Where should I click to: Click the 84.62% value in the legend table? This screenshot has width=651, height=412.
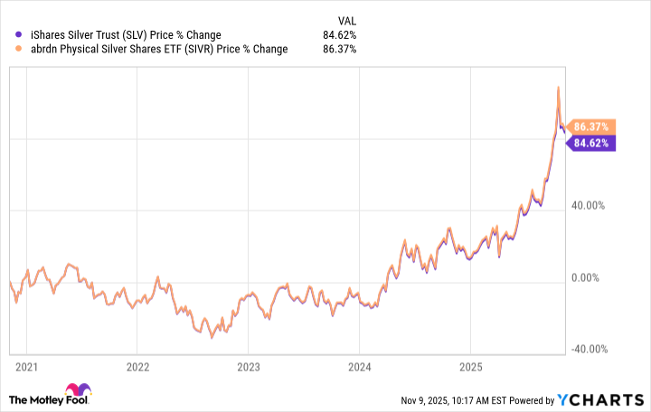pyautogui.click(x=339, y=35)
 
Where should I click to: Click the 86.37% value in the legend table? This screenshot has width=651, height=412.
pyautogui.click(x=339, y=50)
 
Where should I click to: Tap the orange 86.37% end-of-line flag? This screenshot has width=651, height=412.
pyautogui.click(x=592, y=126)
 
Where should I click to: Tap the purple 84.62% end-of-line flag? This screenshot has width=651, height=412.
pyautogui.click(x=592, y=142)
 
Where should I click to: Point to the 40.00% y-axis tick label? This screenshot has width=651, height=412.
pyautogui.click(x=591, y=205)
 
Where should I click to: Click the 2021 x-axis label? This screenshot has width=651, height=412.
pyautogui.click(x=26, y=368)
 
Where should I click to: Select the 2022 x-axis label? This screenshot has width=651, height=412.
pyautogui.click(x=137, y=368)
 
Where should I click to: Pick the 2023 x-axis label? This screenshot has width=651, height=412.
pyautogui.click(x=249, y=368)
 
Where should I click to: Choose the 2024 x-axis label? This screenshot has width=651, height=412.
pyautogui.click(x=360, y=368)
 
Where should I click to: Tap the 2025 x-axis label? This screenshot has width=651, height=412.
pyautogui.click(x=470, y=368)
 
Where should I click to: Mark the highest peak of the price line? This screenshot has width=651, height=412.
pyautogui.click(x=558, y=87)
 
